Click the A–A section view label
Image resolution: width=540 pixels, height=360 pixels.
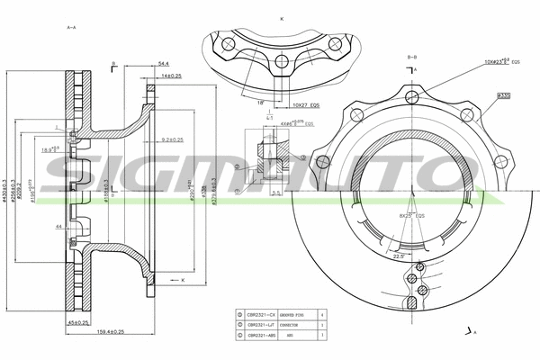click(x=71, y=28)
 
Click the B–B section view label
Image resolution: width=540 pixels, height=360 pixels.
click(x=411, y=57)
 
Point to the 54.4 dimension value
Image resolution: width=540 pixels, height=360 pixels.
click(x=163, y=64)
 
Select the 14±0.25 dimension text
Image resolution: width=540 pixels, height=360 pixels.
click(x=171, y=76)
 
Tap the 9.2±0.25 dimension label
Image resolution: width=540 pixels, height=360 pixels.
click(x=170, y=139)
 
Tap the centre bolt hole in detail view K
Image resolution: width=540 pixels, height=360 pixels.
click(x=281, y=62)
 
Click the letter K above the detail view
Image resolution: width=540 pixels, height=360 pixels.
click(x=282, y=18)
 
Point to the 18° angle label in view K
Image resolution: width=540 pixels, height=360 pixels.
click(x=260, y=103)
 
